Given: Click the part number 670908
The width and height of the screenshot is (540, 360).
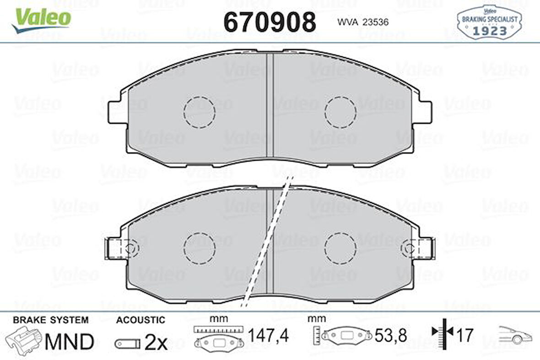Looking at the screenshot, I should [x=270, y=22].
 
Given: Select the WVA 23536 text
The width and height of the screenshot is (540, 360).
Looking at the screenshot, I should [x=363, y=22].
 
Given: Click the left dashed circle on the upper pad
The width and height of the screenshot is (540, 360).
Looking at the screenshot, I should [x=199, y=112].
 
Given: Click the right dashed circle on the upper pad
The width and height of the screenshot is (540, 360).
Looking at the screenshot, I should [x=340, y=112].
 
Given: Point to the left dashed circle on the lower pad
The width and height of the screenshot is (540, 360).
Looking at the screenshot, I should [x=199, y=248].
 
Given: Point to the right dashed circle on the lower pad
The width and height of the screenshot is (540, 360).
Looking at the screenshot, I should [x=340, y=248].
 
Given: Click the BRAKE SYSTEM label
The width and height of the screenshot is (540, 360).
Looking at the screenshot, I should [x=50, y=320].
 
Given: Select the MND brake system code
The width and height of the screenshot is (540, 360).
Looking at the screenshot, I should [x=69, y=341].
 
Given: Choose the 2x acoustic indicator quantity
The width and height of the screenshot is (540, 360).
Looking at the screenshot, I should [x=156, y=343].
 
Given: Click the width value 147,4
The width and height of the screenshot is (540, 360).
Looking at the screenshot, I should [x=268, y=336].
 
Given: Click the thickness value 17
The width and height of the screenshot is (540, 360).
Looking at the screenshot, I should [x=465, y=336].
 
